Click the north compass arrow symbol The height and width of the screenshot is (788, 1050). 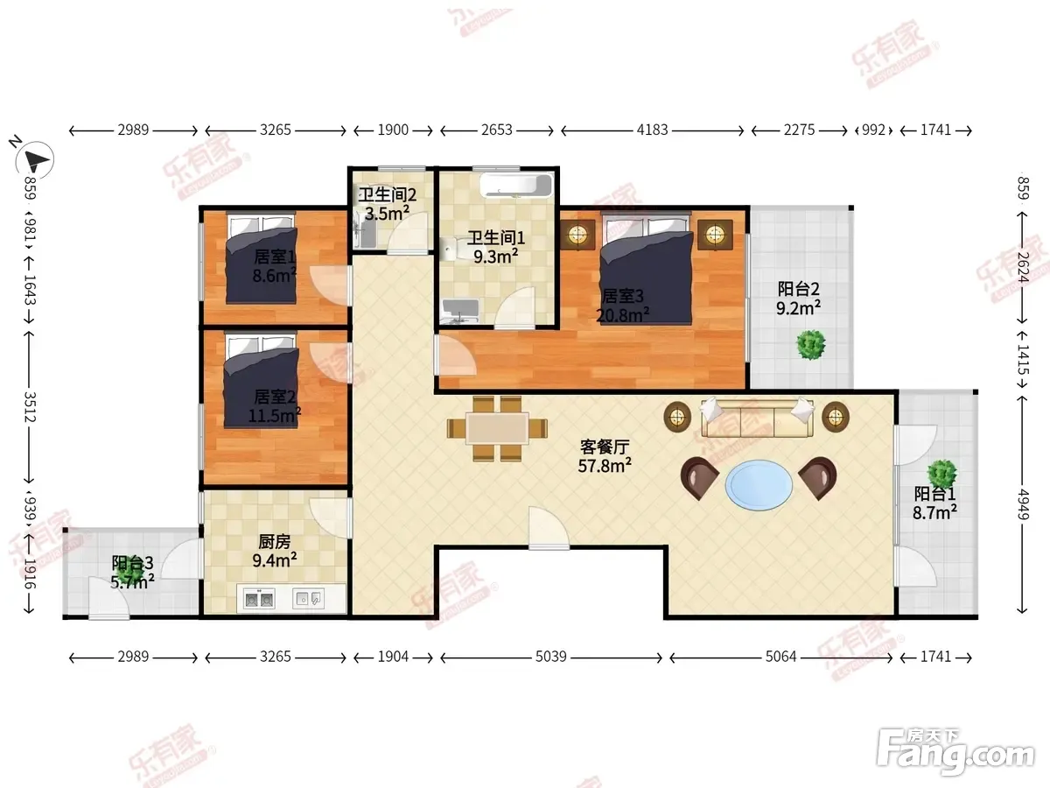pos(35,159)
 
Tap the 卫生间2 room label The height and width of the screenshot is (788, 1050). pos(388,194)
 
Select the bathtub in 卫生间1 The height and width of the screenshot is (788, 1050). pos(516,186)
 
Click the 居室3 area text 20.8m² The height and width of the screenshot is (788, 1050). pos(622,315)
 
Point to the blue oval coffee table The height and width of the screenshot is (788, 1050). pos(759,485)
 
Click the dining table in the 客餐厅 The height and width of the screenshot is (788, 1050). pos(498,428)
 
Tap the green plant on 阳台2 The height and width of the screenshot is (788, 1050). pos(811,344)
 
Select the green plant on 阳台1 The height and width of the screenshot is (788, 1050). pos(941,474)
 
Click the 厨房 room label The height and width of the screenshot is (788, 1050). pos(275,542)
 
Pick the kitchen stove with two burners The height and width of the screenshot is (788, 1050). pos(259,599)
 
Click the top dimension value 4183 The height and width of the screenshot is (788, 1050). pos(652,130)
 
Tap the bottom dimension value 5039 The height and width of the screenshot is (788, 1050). pos(551,657)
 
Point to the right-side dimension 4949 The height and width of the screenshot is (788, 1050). pos(1023,503)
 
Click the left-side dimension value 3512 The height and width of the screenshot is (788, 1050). pos(30,407)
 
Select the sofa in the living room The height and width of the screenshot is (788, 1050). pos(757,419)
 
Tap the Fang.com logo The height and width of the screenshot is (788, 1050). pos(955,751)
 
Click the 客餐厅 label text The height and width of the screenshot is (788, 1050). pos(605,447)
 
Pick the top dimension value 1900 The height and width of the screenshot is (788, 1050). pos(393,130)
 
